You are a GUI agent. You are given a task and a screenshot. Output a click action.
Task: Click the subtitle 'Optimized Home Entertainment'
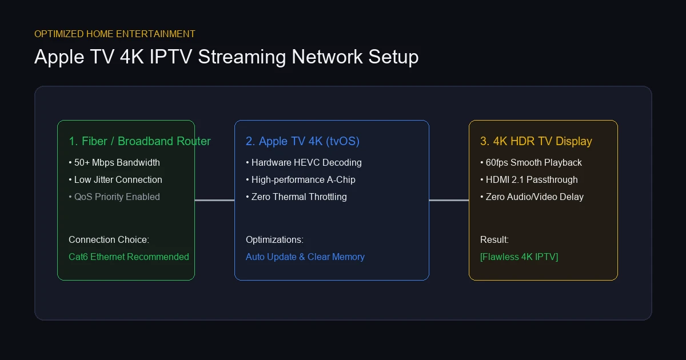(x=114, y=34)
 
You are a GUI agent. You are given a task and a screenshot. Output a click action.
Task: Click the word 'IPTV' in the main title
(x=171, y=57)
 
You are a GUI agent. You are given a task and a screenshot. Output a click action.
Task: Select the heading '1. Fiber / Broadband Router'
(x=139, y=141)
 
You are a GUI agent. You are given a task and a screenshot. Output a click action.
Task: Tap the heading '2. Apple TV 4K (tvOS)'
(x=302, y=142)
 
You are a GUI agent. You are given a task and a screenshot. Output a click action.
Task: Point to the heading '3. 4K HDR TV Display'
(x=536, y=142)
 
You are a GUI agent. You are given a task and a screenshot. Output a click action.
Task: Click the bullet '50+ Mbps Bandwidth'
(x=114, y=162)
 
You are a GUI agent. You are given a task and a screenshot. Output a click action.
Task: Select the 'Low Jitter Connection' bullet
(x=115, y=179)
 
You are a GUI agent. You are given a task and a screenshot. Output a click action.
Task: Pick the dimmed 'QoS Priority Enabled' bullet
(x=114, y=197)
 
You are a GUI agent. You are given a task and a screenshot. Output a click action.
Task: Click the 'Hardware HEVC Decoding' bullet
(x=304, y=162)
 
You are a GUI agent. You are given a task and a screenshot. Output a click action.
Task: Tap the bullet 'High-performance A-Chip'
(x=301, y=179)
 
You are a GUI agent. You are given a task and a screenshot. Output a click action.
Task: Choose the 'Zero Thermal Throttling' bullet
(x=297, y=197)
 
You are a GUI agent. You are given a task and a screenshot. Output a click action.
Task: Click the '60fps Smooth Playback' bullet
(x=531, y=162)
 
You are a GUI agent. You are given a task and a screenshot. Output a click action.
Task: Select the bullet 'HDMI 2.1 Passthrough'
(x=529, y=179)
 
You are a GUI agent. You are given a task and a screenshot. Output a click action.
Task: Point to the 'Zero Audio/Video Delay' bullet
(x=532, y=197)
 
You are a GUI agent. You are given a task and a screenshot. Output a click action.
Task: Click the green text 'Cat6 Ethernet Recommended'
(x=129, y=257)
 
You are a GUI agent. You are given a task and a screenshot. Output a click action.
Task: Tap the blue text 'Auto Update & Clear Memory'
(x=305, y=257)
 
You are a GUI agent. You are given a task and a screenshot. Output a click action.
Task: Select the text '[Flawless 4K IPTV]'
(x=519, y=257)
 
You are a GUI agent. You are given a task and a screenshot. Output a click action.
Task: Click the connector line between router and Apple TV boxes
(x=215, y=200)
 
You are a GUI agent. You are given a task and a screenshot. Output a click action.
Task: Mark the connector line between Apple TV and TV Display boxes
(x=449, y=200)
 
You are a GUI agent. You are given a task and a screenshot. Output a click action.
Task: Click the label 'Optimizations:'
(x=275, y=239)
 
